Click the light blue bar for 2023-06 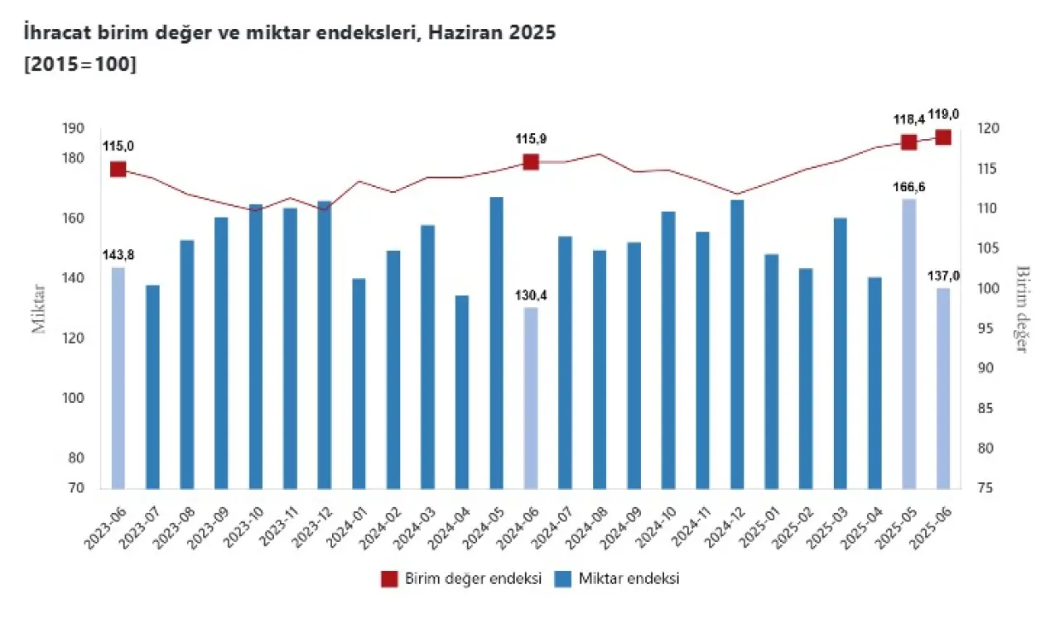(118, 377)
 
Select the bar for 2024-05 (497, 343)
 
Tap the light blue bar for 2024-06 (531, 397)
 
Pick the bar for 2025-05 (909, 343)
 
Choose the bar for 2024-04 (462, 391)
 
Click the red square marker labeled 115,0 (118, 169)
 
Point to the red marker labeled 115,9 (531, 162)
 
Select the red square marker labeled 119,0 (943, 137)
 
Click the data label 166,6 (909, 187)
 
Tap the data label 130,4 (530, 295)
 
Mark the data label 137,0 (943, 276)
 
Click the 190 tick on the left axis (73, 129)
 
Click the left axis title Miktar (39, 309)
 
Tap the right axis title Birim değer (1022, 309)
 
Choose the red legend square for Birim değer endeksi (389, 579)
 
